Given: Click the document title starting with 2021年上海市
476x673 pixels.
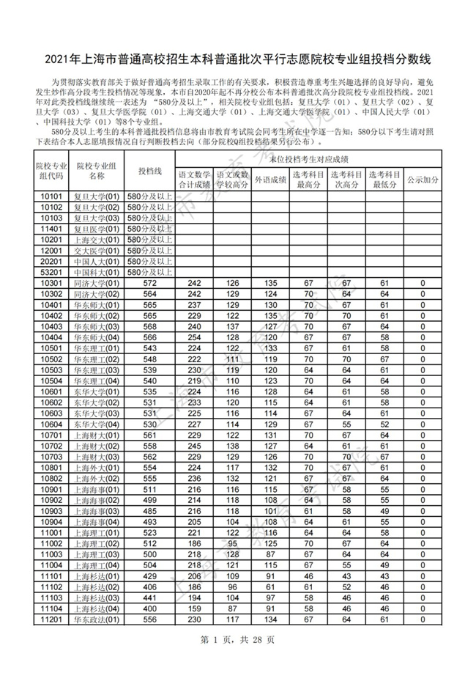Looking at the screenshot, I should click(x=238, y=56).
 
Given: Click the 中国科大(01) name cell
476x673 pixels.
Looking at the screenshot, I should click(x=97, y=272).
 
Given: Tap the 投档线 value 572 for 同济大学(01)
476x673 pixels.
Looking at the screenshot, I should click(x=150, y=283).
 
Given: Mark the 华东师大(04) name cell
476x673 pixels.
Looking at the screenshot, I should click(x=97, y=337).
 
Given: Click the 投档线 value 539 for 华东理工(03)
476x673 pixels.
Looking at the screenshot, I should click(x=150, y=370).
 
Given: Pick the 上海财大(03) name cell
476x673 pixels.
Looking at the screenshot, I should click(x=97, y=457).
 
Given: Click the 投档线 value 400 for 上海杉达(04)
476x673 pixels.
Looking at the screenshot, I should click(x=150, y=608).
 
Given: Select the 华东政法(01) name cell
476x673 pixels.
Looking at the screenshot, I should click(x=97, y=620).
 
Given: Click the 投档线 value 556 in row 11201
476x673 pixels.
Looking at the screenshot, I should click(x=150, y=620).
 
